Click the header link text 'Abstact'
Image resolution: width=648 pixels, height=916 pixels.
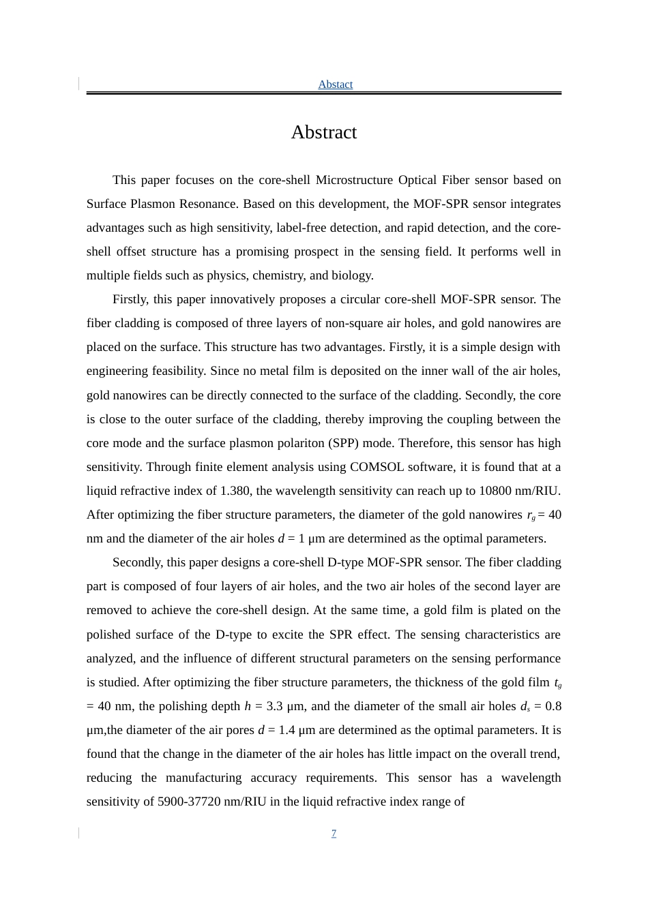(x=335, y=85)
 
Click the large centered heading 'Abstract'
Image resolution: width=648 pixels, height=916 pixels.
(x=323, y=132)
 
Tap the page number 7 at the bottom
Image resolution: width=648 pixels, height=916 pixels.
(x=334, y=834)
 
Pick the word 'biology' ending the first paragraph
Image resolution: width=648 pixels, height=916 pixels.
(x=351, y=275)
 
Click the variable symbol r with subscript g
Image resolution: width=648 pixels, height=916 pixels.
(x=531, y=515)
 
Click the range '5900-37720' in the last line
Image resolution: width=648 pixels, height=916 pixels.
(x=189, y=801)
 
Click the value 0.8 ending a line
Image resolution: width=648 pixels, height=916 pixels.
(x=553, y=706)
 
